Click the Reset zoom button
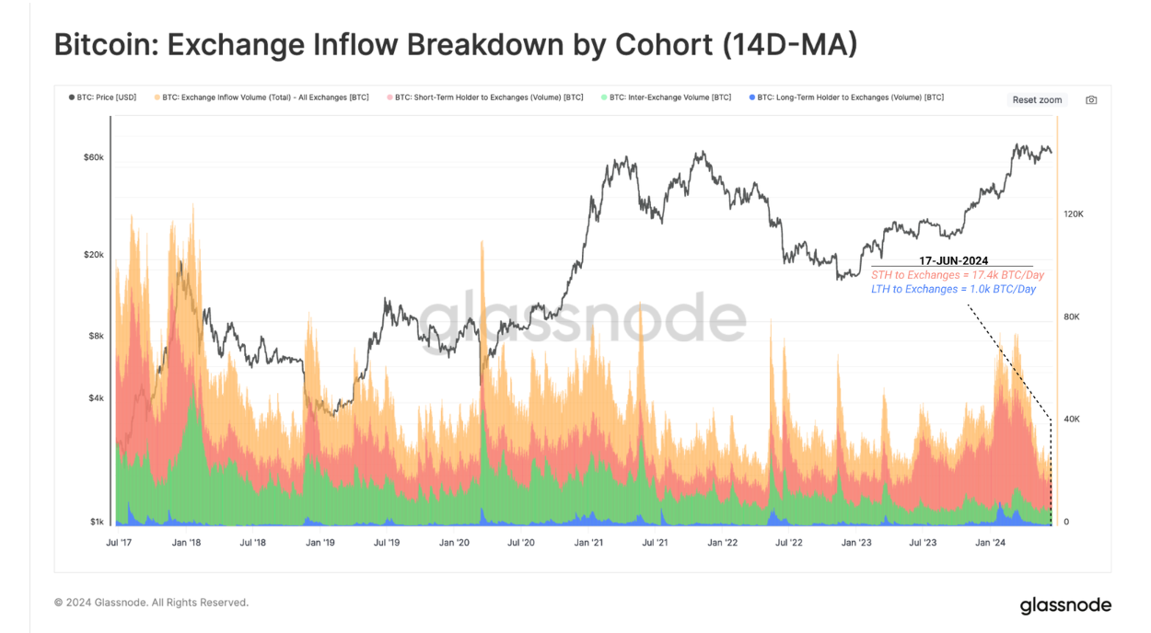[x=1037, y=99]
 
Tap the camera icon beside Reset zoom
[x=1091, y=99]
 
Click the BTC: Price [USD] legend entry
[x=102, y=97]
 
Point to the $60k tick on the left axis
[x=93, y=157]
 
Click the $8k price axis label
[x=96, y=336]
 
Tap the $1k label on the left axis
[x=96, y=522]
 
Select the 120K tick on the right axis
[x=1073, y=213]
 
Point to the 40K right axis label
[x=1073, y=419]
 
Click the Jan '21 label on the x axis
[x=588, y=543]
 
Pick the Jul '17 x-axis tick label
[x=119, y=543]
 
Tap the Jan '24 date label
[x=990, y=543]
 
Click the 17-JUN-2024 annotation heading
[x=953, y=260]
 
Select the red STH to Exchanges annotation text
[x=958, y=275]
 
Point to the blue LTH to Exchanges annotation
[x=953, y=289]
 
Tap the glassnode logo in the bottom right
[x=1065, y=605]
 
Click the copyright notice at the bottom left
[x=151, y=603]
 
